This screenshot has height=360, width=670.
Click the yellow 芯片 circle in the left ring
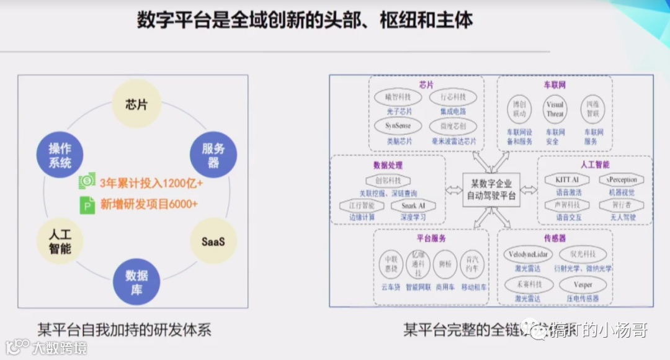coord(136,104)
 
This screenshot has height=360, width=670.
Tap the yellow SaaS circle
coord(213,241)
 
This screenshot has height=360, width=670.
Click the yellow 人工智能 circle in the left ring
coord(60,241)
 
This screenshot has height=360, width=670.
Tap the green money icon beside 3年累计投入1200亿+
coord(87,182)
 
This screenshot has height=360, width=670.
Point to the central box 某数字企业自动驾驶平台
coord(491,189)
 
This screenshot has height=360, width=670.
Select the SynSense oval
coord(397,126)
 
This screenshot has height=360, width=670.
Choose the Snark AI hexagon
coord(413,205)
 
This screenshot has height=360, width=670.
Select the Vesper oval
coord(583,284)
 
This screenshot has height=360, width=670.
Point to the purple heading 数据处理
coord(388,165)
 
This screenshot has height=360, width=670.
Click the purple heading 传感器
coord(555,238)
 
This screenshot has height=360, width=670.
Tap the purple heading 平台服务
coord(431,238)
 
